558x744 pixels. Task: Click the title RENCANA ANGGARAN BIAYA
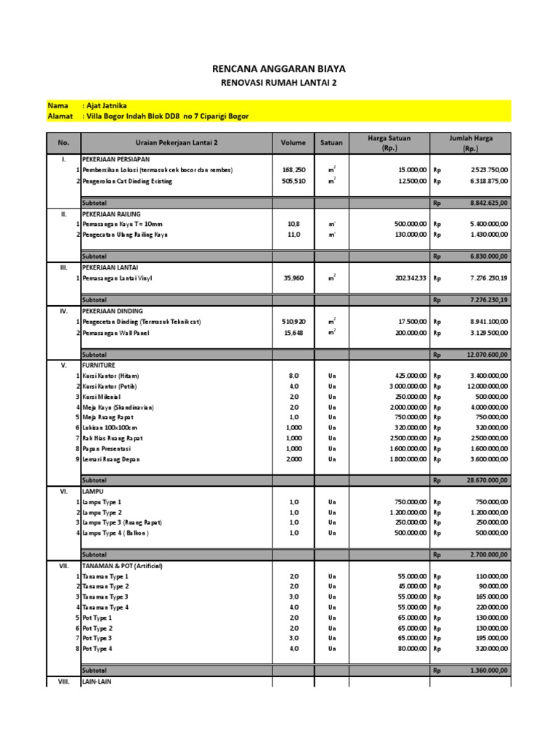(279, 69)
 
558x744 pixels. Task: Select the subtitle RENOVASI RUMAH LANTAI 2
(279, 83)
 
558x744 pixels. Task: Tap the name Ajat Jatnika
(110, 106)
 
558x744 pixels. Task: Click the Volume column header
(294, 143)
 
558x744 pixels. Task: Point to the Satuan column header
(332, 143)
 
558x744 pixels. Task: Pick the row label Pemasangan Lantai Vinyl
(118, 278)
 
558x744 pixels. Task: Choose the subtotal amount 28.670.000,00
(488, 481)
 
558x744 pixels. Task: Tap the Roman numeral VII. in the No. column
(63, 565)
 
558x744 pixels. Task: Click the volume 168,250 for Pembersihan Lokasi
(294, 170)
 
